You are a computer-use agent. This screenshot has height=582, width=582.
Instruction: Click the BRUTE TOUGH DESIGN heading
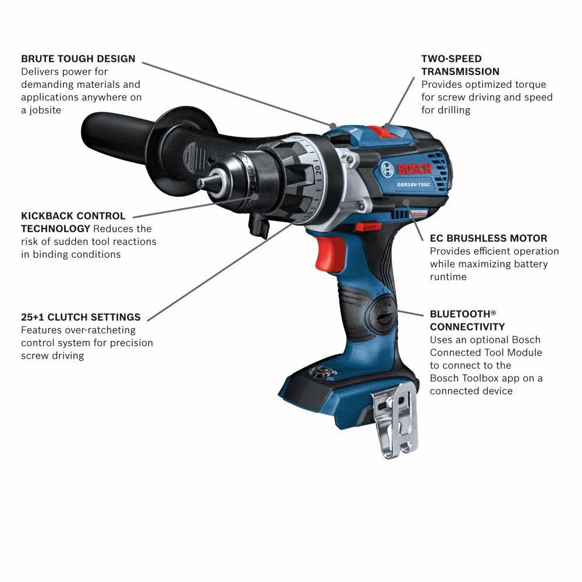78,59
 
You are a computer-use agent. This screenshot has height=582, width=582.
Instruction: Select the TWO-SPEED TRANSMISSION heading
460,65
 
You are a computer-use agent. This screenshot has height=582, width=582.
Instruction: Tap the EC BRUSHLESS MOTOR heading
488,238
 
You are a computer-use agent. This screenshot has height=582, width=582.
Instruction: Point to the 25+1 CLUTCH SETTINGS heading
81,317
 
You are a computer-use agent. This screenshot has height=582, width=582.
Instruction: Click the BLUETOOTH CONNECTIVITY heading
467,320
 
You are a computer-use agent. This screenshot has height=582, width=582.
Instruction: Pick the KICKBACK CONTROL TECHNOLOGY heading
73,222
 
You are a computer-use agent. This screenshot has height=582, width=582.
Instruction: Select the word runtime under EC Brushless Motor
448,277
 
